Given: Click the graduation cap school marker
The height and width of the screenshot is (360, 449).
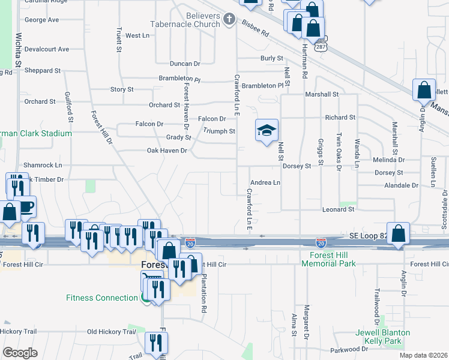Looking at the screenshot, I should (267, 130).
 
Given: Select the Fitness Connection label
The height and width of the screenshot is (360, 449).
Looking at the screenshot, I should (102, 298).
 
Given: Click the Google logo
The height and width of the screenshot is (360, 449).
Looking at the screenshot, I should (19, 353).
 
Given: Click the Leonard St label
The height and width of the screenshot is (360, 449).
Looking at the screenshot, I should (339, 209).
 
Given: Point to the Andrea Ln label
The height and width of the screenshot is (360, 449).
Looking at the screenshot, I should (265, 182).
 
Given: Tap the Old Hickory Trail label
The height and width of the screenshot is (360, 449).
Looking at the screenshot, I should (112, 332).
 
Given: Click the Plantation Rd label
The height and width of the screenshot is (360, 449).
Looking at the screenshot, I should (204, 293).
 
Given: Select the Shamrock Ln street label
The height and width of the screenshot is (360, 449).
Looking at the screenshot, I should (43, 165).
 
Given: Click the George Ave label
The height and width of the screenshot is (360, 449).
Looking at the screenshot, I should (41, 20).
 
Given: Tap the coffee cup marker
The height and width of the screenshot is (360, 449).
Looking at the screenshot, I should (25, 206).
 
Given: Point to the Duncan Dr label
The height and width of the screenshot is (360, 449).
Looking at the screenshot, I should (184, 64).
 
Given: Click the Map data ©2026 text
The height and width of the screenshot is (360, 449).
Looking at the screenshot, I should (423, 355).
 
